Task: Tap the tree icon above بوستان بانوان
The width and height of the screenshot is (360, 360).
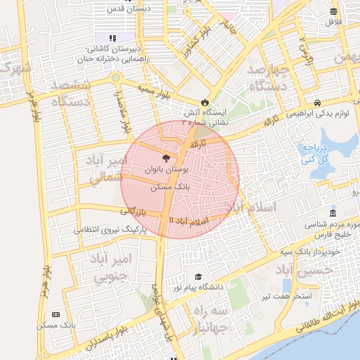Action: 165,159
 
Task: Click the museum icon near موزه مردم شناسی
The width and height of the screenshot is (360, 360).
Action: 332,214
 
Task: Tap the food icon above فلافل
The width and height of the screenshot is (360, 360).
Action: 333,11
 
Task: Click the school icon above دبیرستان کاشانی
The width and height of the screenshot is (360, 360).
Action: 112,38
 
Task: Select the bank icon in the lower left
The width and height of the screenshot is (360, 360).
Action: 56,314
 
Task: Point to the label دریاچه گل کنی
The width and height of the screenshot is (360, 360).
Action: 315,154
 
